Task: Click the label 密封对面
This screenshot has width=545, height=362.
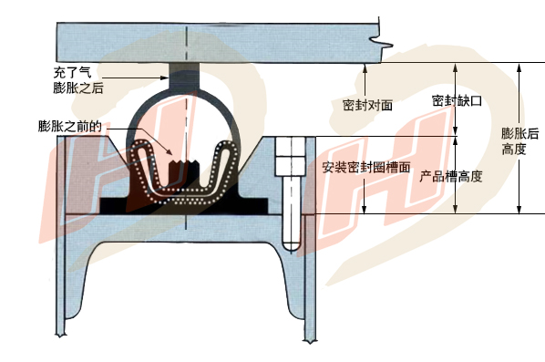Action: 367,105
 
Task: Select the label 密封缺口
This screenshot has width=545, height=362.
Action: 457,101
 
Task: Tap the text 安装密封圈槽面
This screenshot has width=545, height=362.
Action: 365,168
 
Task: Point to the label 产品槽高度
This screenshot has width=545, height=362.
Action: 451,177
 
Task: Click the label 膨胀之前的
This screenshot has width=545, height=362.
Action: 70,126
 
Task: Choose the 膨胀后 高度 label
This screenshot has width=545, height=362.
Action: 520,141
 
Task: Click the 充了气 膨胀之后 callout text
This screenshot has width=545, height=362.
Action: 78,80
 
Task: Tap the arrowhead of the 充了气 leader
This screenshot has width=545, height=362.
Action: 165,78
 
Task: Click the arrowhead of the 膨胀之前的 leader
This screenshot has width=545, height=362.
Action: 170,152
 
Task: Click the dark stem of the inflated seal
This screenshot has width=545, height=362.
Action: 185,76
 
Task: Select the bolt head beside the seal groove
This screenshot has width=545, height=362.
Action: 291,156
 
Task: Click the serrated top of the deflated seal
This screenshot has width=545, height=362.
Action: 184,162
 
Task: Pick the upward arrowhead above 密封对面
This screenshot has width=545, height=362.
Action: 365,67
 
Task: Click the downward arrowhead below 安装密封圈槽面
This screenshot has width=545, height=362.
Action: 365,209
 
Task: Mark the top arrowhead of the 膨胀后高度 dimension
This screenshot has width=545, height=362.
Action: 519,67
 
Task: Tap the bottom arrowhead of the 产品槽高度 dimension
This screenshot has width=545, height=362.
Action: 456,209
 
